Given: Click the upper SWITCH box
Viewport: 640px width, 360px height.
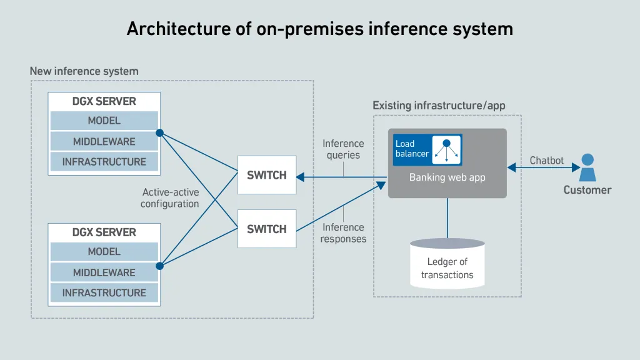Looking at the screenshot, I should (266, 175).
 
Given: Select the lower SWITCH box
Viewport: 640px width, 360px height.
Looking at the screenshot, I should (266, 229).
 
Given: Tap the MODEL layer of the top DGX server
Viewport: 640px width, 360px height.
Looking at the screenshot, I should (104, 121).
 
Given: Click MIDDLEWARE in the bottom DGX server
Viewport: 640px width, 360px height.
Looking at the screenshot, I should (104, 272).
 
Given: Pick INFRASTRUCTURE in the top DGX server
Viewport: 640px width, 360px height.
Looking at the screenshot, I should (104, 162).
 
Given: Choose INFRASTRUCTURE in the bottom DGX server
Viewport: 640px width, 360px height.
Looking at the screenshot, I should (104, 292).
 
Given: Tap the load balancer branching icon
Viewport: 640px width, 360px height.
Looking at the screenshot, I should (446, 149).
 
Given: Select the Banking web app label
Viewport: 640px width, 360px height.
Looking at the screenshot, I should (447, 177).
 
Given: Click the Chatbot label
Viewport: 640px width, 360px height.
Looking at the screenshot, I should (546, 161).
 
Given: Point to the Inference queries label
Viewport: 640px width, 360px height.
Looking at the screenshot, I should (343, 149).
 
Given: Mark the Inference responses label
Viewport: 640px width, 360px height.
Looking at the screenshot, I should (343, 233).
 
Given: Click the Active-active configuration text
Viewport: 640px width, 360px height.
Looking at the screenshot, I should (170, 198).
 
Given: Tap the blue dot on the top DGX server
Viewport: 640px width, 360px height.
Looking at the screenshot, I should (159, 133).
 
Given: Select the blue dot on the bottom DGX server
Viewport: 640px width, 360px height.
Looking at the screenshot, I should (159, 266).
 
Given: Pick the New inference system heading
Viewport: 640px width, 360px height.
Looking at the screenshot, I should (84, 71).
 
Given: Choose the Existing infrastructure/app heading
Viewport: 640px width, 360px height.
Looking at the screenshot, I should (439, 106).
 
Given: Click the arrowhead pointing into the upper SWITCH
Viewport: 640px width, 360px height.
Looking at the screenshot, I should (301, 177).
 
